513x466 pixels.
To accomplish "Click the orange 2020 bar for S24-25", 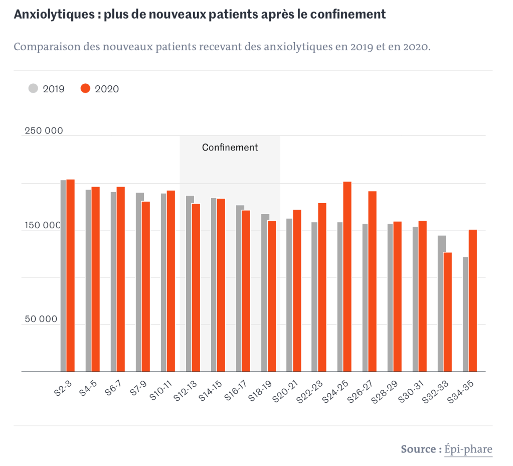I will pyautogui.click(x=347, y=276).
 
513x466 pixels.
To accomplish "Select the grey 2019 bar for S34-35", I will pyautogui.click(x=465, y=314).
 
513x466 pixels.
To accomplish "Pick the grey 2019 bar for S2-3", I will pyautogui.click(x=63, y=275).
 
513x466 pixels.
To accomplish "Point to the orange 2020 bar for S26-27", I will pyautogui.click(x=372, y=281).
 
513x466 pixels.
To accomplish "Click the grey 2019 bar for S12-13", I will pyautogui.click(x=189, y=283).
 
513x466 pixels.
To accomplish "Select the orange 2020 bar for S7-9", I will pyautogui.click(x=145, y=286).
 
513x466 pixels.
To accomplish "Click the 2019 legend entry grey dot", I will pyautogui.click(x=33, y=89).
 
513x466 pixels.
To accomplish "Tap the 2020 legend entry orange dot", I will pyautogui.click(x=85, y=89).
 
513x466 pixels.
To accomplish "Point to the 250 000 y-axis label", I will pyautogui.click(x=44, y=131).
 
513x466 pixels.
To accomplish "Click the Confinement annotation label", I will pyautogui.click(x=230, y=147).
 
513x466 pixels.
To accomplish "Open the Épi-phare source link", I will pyautogui.click(x=468, y=449).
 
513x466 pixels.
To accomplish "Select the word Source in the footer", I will pyautogui.click(x=418, y=449).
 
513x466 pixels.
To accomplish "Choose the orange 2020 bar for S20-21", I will pyautogui.click(x=297, y=290).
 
